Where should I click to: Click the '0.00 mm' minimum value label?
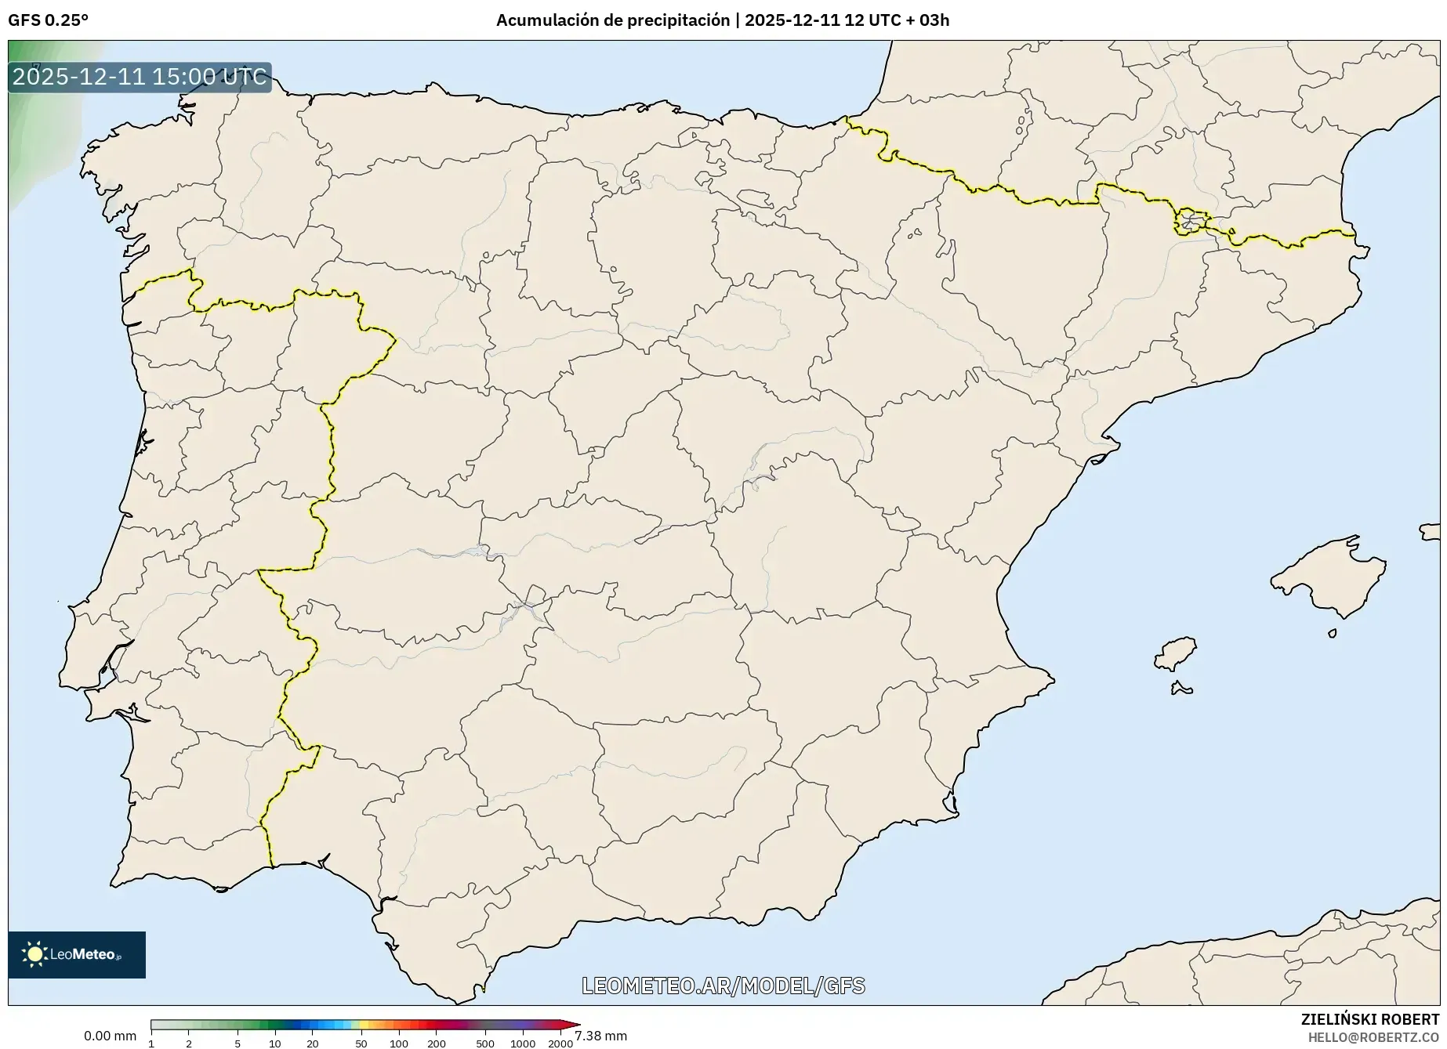click(110, 1036)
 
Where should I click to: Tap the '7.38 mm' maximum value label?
click(600, 1036)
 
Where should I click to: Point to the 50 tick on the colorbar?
click(361, 1043)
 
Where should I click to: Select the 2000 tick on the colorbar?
click(560, 1043)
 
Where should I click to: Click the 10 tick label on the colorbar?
click(274, 1043)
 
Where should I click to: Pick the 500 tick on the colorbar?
click(485, 1043)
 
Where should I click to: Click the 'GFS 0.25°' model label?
click(48, 20)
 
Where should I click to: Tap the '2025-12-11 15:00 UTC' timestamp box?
click(140, 77)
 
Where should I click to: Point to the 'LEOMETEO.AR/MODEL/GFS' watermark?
click(723, 985)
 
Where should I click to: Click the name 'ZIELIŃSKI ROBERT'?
click(1369, 1019)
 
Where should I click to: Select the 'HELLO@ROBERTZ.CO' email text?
click(1373, 1037)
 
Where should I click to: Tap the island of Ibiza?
click(1176, 653)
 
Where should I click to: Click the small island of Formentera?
click(1180, 689)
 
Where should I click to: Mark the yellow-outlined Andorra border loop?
click(1190, 222)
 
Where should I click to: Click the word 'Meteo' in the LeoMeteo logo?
click(93, 954)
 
